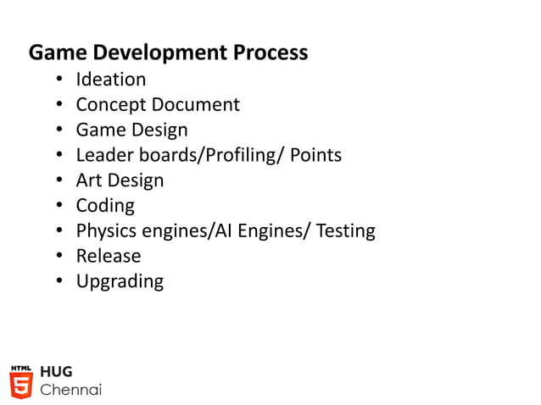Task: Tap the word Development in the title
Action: tap(155, 53)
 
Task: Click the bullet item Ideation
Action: tap(110, 80)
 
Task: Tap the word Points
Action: tap(315, 155)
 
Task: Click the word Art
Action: tap(89, 180)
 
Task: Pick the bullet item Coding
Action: tap(105, 206)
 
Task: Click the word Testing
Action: tap(345, 230)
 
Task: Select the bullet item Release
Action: tap(109, 256)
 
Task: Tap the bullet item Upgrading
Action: tap(120, 281)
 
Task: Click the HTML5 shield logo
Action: tap(21, 382)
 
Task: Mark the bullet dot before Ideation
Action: tap(60, 80)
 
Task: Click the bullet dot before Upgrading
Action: tap(60, 281)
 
